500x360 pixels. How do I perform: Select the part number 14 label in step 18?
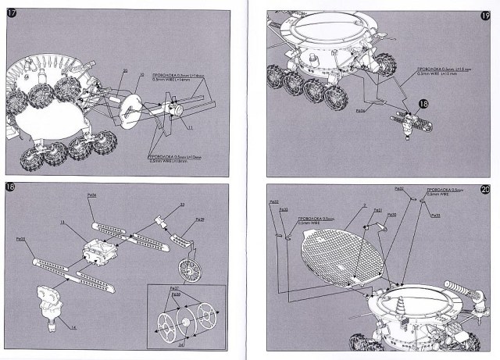click(73, 327)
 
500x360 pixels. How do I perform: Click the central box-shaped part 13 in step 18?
click(100, 252)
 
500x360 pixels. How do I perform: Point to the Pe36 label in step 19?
click(361, 110)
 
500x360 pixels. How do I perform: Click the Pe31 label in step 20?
click(377, 209)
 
